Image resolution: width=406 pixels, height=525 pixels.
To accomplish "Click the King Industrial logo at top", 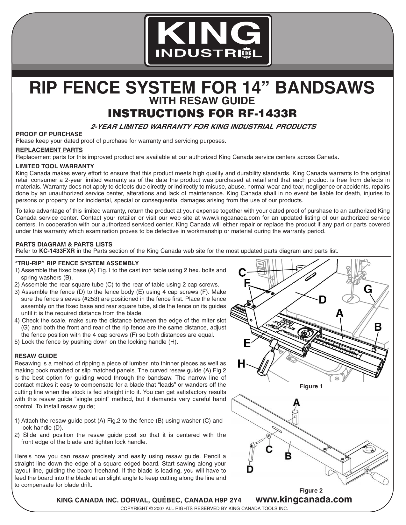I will tap(208, 40).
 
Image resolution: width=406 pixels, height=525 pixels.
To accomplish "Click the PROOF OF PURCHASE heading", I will tap(49, 134).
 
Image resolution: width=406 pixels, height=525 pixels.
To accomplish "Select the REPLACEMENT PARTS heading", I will tap(49, 150).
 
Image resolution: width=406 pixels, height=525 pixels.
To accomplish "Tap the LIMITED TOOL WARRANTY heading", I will tap(55, 166).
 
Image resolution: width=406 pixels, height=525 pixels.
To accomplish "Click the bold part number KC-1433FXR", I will tap(54, 251).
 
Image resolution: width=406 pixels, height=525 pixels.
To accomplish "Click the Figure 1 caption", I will tap(311, 386).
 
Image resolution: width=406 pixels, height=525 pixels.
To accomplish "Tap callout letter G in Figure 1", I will tap(368, 289).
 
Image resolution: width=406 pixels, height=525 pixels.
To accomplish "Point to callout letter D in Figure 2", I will tap(250, 469).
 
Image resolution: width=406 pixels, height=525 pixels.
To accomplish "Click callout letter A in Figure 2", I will tap(296, 402).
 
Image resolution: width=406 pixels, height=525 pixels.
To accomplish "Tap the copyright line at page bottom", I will tap(204, 508).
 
